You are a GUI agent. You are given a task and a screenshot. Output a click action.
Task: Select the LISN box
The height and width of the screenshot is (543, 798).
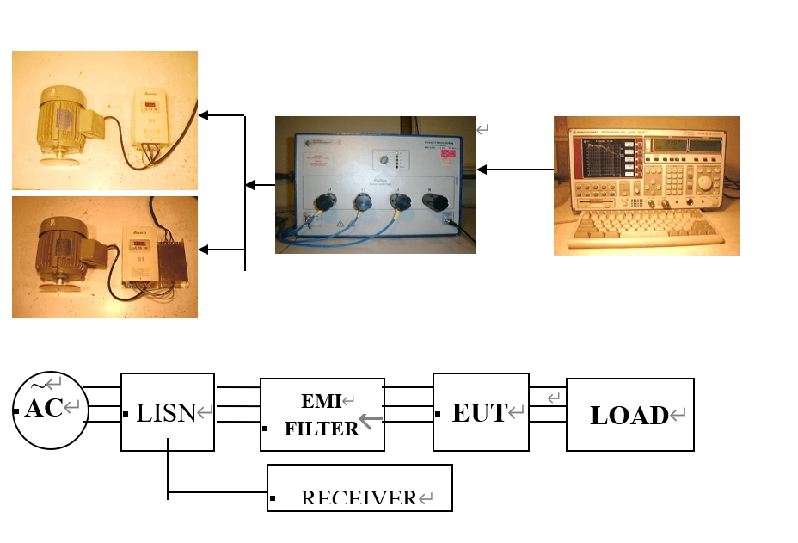pyautogui.click(x=167, y=412)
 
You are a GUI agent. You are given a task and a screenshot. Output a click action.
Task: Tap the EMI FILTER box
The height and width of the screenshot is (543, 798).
pyautogui.click(x=322, y=414)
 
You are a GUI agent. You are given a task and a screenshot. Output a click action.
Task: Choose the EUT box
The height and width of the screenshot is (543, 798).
pyautogui.click(x=480, y=411)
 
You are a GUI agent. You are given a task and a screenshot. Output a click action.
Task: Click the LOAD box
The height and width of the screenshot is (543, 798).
pyautogui.click(x=629, y=415)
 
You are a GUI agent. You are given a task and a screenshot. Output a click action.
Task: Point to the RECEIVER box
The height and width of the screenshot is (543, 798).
pyautogui.click(x=359, y=489)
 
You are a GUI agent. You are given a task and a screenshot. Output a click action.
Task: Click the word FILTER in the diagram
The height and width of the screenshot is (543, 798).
pyautogui.click(x=321, y=428)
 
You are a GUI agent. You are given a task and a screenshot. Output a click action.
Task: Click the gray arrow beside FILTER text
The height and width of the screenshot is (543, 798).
pyautogui.click(x=371, y=421)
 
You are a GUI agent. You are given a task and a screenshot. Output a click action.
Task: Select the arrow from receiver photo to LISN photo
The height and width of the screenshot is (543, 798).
pyautogui.click(x=514, y=170)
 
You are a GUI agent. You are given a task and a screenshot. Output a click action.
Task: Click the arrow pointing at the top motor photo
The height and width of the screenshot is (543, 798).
pyautogui.click(x=221, y=114)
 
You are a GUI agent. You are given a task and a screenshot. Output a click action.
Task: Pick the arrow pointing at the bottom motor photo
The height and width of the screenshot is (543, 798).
pyautogui.click(x=221, y=250)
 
